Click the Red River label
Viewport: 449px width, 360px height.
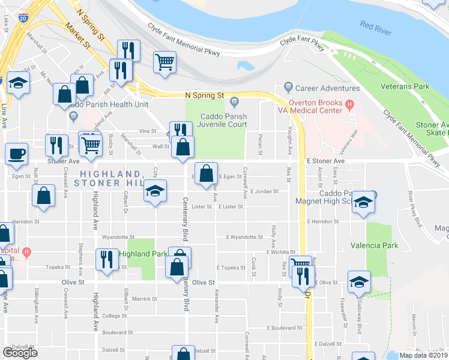point(376,25)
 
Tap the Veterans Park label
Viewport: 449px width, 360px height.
point(405,86)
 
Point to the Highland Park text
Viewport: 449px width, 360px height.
point(143,254)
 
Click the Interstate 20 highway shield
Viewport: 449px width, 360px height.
point(22,19)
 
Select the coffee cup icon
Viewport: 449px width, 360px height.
point(16,153)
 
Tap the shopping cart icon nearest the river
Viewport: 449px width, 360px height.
point(164,61)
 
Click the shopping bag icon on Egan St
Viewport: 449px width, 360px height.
point(206,173)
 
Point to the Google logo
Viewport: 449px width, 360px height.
point(20,353)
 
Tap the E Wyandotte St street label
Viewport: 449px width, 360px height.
point(245,238)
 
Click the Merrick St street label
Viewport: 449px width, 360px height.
point(145,299)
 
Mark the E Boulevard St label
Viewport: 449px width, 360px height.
point(285,328)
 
